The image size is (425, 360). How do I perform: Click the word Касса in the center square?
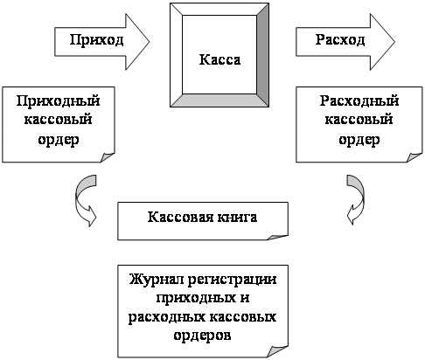pyautogui.click(x=219, y=59)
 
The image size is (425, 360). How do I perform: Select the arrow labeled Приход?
pyautogui.click(x=102, y=42)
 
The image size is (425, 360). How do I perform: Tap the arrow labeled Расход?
pyautogui.click(x=345, y=42)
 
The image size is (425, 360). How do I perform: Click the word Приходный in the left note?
pyautogui.click(x=58, y=101)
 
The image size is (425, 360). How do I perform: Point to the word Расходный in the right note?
pyautogui.click(x=359, y=101)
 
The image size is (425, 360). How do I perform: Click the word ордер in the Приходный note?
pyautogui.click(x=59, y=140)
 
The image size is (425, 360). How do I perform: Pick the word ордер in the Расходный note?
pyautogui.click(x=359, y=140)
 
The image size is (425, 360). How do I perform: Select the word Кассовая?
pyautogui.click(x=180, y=218)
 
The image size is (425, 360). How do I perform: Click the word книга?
pyautogui.click(x=237, y=218)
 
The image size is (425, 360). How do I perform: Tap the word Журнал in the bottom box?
pyautogui.click(x=157, y=280)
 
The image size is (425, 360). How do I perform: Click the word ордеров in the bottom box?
pyautogui.click(x=202, y=335)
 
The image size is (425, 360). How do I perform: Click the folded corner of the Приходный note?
pyautogui.click(x=108, y=156)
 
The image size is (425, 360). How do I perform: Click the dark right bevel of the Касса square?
pyautogui.click(x=262, y=55)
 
